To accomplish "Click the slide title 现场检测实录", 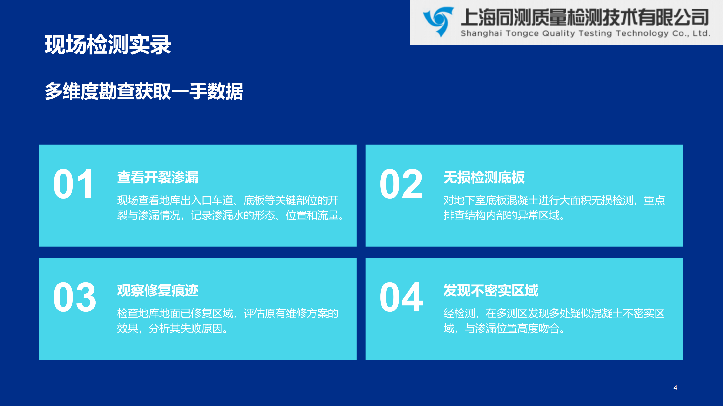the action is pos(108,45).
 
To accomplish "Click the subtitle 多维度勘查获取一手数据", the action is pos(144,91).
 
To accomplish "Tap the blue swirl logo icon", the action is pos(438,22).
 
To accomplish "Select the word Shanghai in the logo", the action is pos(481,33).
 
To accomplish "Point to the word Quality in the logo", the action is pos(559,33).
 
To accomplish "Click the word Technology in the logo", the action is pos(642,33).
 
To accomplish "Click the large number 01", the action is pos(73,184).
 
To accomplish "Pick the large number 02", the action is pos(401,184).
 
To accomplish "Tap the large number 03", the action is pos(75,297).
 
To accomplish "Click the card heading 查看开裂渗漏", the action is pos(158,177).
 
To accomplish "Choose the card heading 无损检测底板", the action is pos(484,177).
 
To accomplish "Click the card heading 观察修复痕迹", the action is pos(158,290).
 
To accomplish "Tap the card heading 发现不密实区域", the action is pos(491,290).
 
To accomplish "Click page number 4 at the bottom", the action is pos(675,387).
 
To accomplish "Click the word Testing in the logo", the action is pos(595,33).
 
